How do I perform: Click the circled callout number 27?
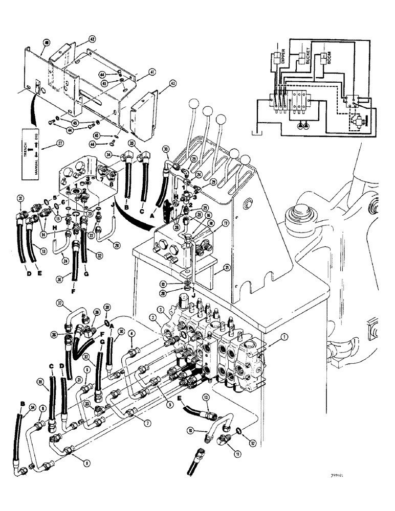pyautogui.click(x=45, y=145)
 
